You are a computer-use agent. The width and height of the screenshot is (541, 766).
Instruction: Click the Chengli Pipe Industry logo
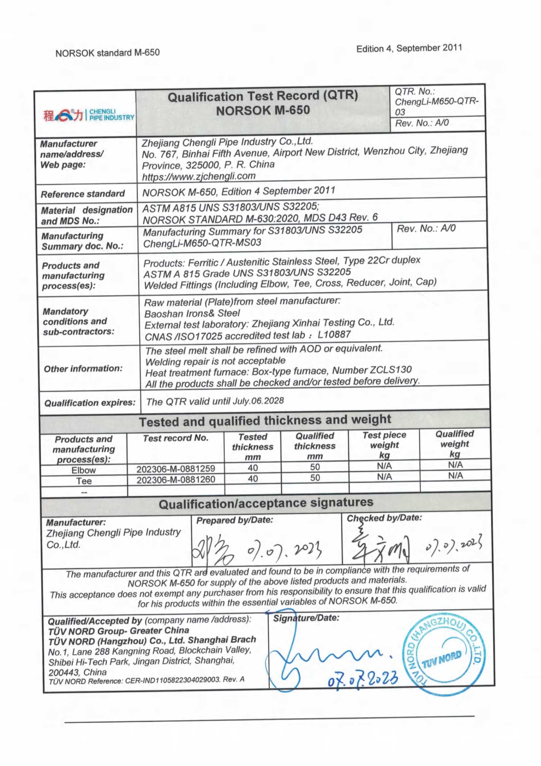point(89,115)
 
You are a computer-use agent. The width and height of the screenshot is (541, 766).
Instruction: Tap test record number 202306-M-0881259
point(176,468)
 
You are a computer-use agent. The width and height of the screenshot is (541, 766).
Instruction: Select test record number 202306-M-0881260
point(176,479)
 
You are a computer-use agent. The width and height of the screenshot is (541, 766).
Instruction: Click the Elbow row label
point(84,470)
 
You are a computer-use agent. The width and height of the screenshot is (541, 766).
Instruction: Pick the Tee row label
point(84,481)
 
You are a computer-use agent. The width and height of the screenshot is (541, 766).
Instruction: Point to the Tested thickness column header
point(253,446)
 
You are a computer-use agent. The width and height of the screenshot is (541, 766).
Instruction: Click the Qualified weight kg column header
point(455,444)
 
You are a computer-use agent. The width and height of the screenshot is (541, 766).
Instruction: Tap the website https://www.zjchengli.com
point(199,176)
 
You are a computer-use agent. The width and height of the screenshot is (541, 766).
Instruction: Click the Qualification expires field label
point(90,403)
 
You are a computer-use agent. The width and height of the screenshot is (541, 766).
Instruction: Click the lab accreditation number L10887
point(334,334)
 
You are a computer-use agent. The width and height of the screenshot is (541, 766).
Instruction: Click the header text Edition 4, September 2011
point(409,48)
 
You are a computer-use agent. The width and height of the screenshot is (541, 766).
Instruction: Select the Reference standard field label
point(83,194)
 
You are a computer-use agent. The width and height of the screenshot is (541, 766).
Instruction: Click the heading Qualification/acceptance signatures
point(266,503)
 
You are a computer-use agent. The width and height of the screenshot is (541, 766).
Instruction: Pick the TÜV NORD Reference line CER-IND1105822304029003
point(147,680)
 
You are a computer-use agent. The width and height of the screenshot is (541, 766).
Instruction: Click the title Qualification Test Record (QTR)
point(263,96)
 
